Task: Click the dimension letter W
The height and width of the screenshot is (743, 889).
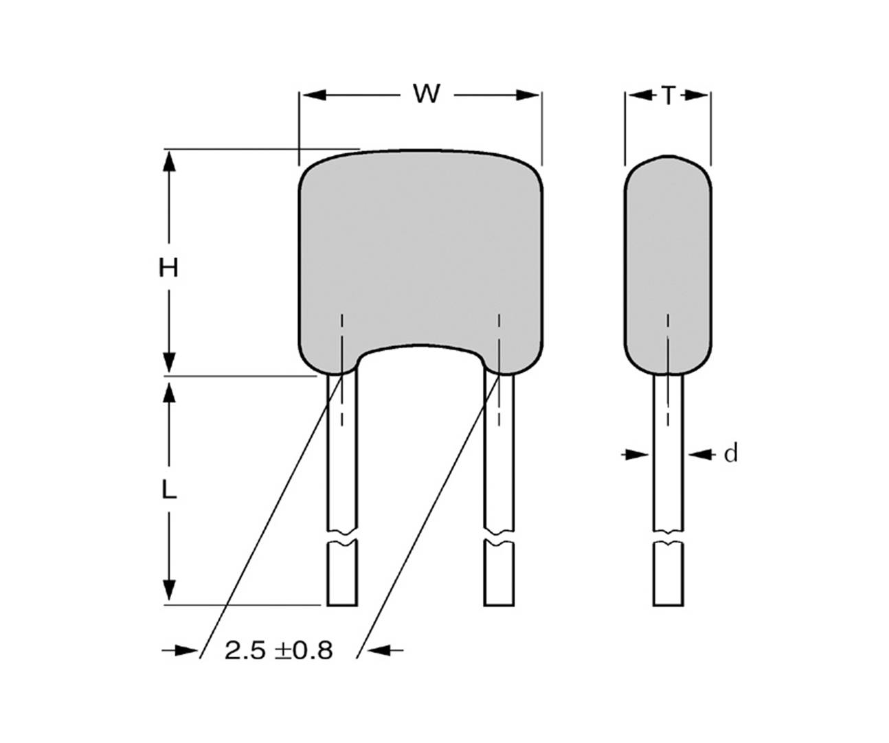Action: [426, 93]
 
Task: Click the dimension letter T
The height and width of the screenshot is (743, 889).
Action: [668, 95]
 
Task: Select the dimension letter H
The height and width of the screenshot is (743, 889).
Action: [168, 267]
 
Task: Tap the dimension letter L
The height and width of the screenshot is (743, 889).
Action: [169, 490]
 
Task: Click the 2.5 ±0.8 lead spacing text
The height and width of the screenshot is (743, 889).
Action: [279, 650]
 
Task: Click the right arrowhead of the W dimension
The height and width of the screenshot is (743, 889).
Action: [530, 95]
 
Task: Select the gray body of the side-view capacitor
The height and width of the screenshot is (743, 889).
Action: [667, 254]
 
